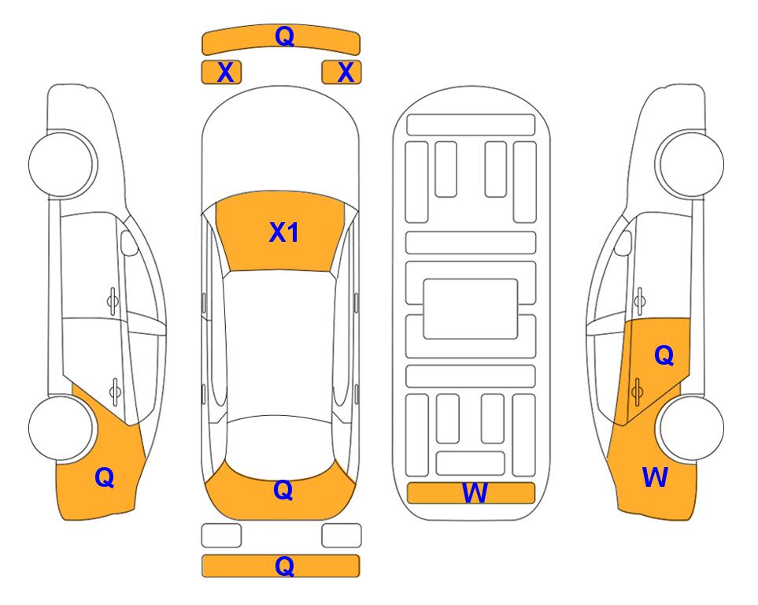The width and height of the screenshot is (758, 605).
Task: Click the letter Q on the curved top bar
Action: [284, 36]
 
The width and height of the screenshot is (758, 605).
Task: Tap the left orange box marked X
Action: [221, 72]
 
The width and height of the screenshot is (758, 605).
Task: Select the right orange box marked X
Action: [342, 72]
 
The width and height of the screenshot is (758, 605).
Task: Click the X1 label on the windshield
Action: [284, 232]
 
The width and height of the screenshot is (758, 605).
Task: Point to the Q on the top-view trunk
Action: [283, 490]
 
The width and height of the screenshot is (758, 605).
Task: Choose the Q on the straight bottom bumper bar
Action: [284, 566]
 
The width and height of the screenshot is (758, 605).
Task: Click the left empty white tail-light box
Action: [221, 536]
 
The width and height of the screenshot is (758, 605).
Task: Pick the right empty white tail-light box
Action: [342, 536]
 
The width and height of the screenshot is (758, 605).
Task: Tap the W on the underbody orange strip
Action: [475, 493]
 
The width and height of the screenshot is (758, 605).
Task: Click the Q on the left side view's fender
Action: [105, 477]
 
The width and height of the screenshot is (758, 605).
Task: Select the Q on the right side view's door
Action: [664, 355]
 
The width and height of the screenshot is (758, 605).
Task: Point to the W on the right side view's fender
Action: [655, 477]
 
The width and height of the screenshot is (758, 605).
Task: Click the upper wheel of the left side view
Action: [61, 164]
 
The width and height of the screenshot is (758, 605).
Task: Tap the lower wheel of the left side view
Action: [61, 428]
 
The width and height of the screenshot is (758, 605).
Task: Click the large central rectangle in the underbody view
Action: [471, 309]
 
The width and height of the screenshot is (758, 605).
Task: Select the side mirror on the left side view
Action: [128, 243]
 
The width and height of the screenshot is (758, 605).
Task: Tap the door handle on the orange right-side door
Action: [637, 392]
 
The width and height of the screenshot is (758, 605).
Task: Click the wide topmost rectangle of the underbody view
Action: [471, 125]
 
